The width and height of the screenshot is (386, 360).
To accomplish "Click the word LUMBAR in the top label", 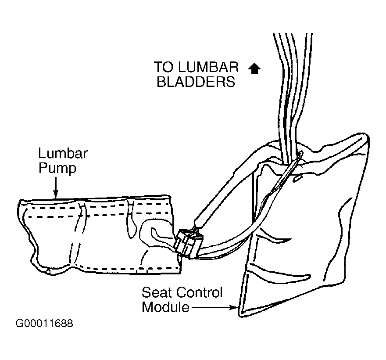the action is (x=208, y=67).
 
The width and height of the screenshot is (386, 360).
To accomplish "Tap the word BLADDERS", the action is (x=196, y=82).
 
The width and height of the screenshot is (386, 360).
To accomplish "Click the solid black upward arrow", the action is (x=254, y=68).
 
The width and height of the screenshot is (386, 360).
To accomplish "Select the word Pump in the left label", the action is (x=57, y=169).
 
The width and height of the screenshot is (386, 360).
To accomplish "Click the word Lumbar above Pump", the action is (x=63, y=154).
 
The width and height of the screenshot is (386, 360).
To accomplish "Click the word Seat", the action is (x=157, y=292).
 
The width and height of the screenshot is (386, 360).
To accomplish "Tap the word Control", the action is (x=200, y=292).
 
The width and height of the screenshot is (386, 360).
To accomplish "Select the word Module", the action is (x=166, y=307).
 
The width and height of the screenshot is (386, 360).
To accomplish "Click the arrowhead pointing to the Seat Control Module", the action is (x=234, y=307).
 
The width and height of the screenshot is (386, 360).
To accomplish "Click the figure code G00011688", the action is (x=44, y=323).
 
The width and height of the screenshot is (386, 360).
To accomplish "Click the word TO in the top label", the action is (x=164, y=67).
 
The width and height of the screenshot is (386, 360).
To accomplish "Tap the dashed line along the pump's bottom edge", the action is (x=128, y=268).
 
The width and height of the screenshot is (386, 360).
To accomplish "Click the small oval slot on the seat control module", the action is (x=297, y=179).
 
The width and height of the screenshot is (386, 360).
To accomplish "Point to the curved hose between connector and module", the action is (x=232, y=249).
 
